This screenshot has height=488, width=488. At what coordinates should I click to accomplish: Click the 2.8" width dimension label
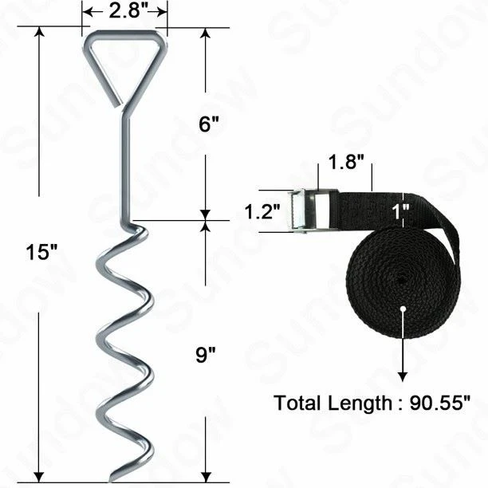point(128,11)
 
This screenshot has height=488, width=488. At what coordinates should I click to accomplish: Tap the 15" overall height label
point(41,252)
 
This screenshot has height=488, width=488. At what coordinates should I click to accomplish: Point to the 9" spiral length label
point(206,354)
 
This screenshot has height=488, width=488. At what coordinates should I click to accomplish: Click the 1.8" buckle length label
point(346,162)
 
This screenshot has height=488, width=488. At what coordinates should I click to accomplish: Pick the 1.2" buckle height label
point(262,211)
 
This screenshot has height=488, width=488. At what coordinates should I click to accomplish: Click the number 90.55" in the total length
point(440,403)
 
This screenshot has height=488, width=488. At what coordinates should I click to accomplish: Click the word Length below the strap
point(360,404)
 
